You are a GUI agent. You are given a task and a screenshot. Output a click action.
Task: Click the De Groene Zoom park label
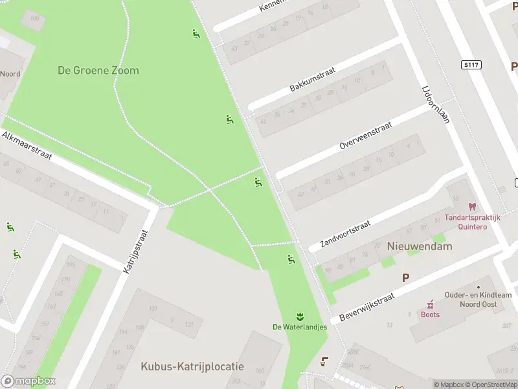[98, 71]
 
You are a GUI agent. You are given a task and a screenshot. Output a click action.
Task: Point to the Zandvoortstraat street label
[345, 234]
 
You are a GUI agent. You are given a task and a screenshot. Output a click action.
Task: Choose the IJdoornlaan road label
[435, 104]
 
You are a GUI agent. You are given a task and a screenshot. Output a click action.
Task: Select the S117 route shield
[471, 65]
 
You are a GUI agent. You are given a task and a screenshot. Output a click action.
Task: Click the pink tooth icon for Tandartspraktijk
[472, 206]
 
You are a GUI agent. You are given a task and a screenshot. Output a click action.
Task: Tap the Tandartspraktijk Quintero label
[472, 222]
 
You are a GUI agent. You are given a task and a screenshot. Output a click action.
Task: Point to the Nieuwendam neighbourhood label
[420, 246]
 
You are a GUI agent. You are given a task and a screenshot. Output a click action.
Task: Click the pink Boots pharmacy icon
[429, 304]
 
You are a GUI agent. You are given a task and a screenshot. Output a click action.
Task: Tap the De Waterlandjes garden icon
[299, 316]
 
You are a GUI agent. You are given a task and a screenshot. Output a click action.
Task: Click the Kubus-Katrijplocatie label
[192, 366]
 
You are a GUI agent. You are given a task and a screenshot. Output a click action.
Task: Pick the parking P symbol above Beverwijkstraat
[405, 277]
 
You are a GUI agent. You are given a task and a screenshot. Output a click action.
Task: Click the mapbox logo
[28, 381]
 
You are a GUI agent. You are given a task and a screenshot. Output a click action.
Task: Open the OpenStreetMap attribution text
[491, 384]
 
